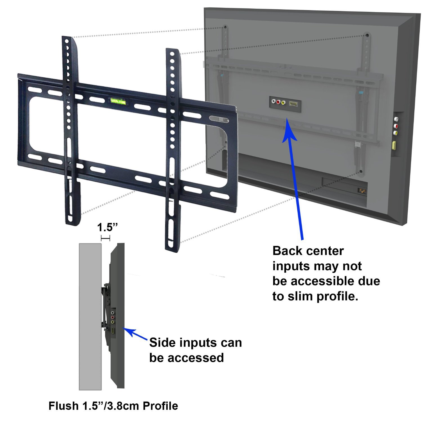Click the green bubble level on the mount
[x=118, y=101]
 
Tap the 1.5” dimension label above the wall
[x=107, y=227]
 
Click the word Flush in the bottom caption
[x=64, y=406]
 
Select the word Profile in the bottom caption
[x=160, y=406]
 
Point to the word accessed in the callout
[x=197, y=358]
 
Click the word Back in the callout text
[x=288, y=251]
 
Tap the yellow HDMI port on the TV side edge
[x=393, y=145]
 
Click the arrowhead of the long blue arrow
[x=289, y=132]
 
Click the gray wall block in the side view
[x=90, y=316]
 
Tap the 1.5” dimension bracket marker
[x=105, y=238]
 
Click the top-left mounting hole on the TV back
[x=225, y=27]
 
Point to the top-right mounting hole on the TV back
[x=367, y=35]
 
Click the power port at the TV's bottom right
[x=362, y=191]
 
